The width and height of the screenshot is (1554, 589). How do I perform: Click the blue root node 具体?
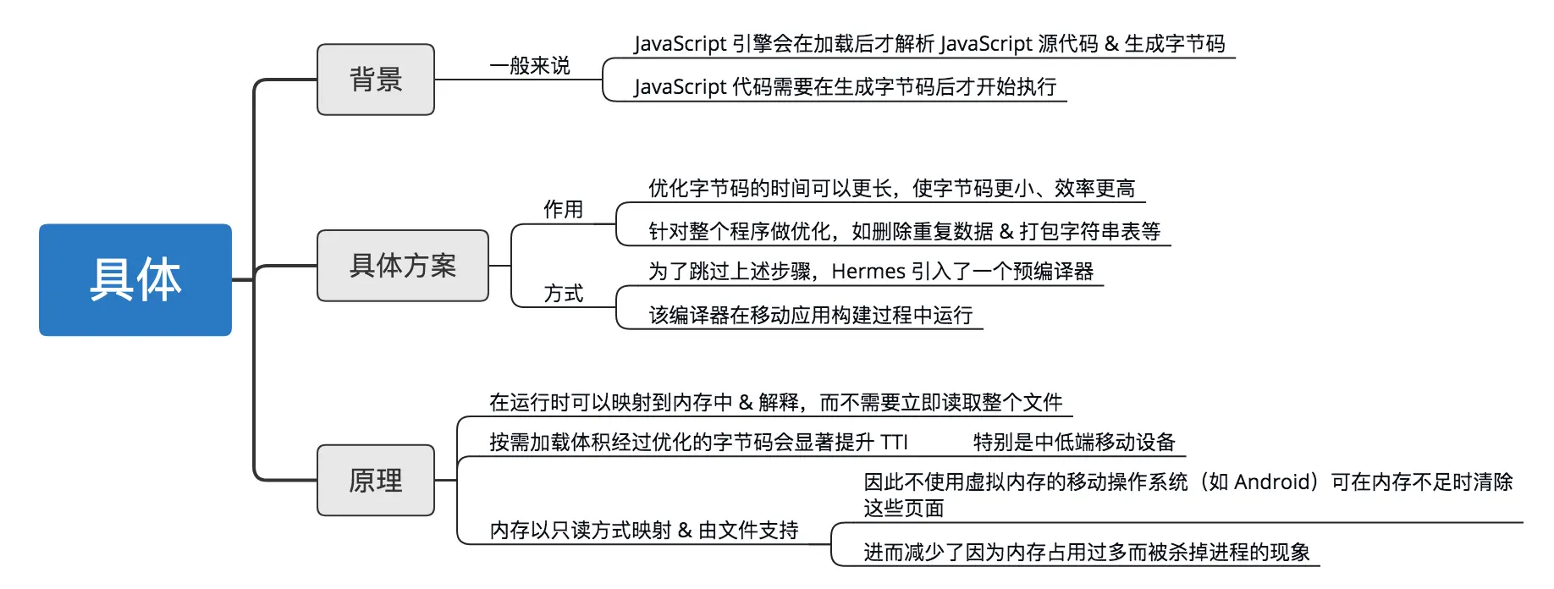click(x=135, y=280)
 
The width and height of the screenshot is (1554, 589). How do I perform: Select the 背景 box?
click(x=376, y=80)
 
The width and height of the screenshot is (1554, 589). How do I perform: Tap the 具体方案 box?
click(x=403, y=266)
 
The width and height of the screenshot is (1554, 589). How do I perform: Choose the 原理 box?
click(x=376, y=481)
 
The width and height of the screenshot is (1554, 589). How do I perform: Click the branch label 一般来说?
click(x=530, y=66)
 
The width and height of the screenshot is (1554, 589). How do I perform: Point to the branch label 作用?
click(x=563, y=209)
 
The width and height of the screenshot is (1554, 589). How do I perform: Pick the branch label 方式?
click(x=563, y=294)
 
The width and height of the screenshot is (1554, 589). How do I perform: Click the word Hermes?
click(x=868, y=272)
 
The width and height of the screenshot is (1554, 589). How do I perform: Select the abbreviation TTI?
click(x=894, y=443)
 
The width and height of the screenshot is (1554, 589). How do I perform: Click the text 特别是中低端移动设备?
click(x=1074, y=443)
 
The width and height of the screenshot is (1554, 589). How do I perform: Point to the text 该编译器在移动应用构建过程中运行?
click(x=811, y=316)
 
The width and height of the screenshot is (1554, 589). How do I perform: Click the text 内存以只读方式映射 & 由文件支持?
click(x=644, y=531)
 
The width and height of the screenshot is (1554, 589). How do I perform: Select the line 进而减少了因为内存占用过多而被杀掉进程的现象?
click(x=1087, y=553)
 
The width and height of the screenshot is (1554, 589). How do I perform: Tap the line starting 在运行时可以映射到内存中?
click(x=775, y=403)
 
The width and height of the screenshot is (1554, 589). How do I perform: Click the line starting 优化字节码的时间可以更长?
click(x=891, y=189)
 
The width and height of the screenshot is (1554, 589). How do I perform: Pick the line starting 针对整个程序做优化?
click(x=904, y=232)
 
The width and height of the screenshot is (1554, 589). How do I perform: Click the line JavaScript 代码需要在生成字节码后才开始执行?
click(x=845, y=87)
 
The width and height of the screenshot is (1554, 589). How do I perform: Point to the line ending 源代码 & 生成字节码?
click(x=929, y=44)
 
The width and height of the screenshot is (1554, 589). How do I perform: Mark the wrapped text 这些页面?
click(x=903, y=509)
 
